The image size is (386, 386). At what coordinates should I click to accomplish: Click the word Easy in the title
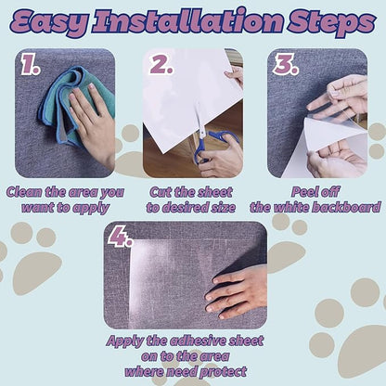(x=49, y=22)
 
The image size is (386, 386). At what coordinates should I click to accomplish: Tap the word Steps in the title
(x=332, y=22)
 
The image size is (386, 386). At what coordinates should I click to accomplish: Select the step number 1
(x=30, y=65)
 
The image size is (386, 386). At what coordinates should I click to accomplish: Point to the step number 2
(x=161, y=65)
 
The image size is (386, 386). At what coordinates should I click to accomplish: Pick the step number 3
(x=286, y=65)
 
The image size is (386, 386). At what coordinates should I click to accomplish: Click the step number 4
(x=121, y=237)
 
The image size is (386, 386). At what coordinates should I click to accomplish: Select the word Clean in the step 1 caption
(x=24, y=192)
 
